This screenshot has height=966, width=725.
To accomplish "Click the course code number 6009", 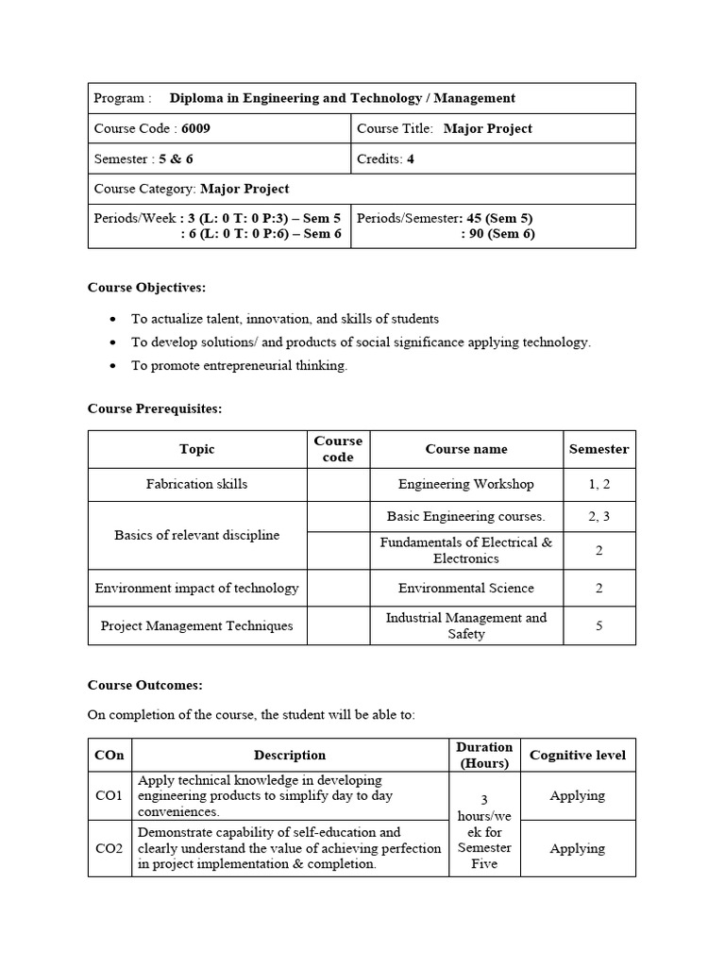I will click(196, 128).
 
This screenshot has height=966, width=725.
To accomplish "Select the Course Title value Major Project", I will click(488, 128).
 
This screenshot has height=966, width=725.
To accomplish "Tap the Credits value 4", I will click(411, 158).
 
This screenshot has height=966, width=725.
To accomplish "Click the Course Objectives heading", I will click(146, 287).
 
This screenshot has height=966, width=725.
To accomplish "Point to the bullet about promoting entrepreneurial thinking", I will click(239, 365).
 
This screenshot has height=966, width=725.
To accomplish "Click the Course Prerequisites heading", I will click(155, 408).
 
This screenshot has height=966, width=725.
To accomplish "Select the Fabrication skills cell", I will click(196, 484).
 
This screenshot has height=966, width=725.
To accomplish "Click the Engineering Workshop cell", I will click(465, 484).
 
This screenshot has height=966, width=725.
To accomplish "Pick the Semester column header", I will click(599, 449).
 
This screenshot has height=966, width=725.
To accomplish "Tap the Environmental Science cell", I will click(465, 588).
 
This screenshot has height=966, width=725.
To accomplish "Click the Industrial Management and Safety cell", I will click(465, 625).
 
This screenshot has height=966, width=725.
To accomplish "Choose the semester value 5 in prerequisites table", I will click(599, 625).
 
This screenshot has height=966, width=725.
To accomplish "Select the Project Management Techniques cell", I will click(196, 625).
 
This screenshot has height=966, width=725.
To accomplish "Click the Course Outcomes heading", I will click(144, 685).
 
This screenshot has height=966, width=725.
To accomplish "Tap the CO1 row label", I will click(110, 796).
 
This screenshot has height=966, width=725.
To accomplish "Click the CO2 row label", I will click(110, 848).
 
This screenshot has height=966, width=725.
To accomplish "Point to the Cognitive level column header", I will click(577, 755).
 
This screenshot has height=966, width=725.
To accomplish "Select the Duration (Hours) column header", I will click(483, 755).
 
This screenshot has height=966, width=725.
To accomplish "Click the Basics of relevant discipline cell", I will click(196, 535).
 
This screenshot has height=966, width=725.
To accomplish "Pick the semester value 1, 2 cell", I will click(599, 484).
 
